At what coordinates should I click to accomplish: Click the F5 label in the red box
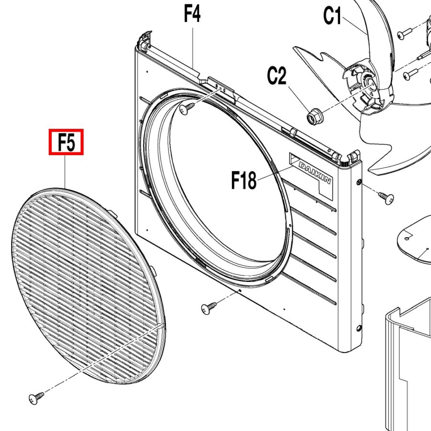66,142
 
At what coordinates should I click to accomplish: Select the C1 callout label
332,15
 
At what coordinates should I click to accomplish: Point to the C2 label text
276,75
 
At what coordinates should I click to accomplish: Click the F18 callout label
244,180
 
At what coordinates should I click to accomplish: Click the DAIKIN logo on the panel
315,172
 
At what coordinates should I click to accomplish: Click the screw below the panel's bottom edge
209,308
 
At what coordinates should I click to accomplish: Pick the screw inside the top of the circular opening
187,108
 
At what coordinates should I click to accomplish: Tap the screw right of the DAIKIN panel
386,198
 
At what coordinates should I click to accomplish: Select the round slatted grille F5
89,286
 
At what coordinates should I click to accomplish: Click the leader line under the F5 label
65,171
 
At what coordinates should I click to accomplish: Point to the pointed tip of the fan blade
294,47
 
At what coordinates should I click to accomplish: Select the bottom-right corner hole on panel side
359,328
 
